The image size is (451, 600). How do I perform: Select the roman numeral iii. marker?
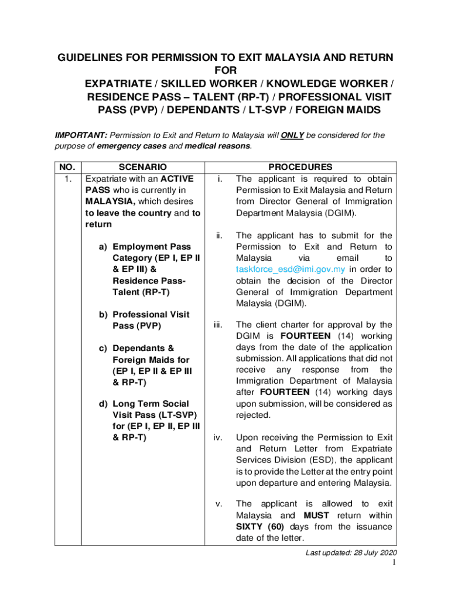coord(220,325)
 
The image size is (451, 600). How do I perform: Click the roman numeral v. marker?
coord(220,504)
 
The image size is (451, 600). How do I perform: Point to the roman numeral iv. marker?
coord(220,437)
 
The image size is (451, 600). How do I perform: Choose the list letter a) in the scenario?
coord(102,247)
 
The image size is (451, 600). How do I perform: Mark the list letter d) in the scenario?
coord(102,404)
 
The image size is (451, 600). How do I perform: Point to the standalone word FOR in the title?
coord(225,70)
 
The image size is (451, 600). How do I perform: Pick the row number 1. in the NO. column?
coord(68,179)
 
